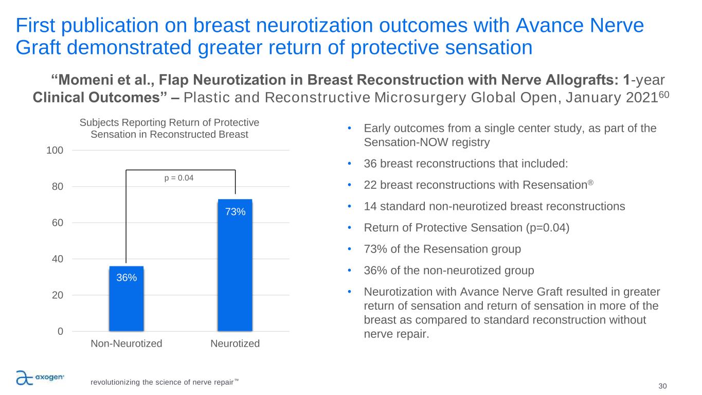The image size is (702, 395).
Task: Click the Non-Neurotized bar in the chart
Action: pyautogui.click(x=127, y=298)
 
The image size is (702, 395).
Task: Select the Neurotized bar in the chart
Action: pyautogui.click(x=235, y=265)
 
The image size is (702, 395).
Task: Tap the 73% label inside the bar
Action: pyautogui.click(x=236, y=212)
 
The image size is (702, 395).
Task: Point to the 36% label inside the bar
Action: pyautogui.click(x=127, y=277)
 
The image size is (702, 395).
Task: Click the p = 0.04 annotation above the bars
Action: pyautogui.click(x=179, y=178)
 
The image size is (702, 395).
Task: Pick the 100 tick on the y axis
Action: pyautogui.click(x=55, y=151)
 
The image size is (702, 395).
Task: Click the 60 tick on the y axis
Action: pyautogui.click(x=58, y=223)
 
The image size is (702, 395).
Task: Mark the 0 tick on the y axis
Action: pyautogui.click(x=61, y=331)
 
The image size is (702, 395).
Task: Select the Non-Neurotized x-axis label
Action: pyautogui.click(x=127, y=344)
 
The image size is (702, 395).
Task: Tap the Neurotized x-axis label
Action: pyautogui.click(x=235, y=344)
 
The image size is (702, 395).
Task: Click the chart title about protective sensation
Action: pyautogui.click(x=169, y=128)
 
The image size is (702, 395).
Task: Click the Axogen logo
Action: pyautogui.click(x=40, y=378)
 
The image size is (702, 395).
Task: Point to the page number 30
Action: pyautogui.click(x=662, y=386)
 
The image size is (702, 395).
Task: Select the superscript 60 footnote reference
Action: pyautogui.click(x=664, y=94)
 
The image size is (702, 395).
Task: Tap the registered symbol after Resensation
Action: pyautogui.click(x=590, y=182)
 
